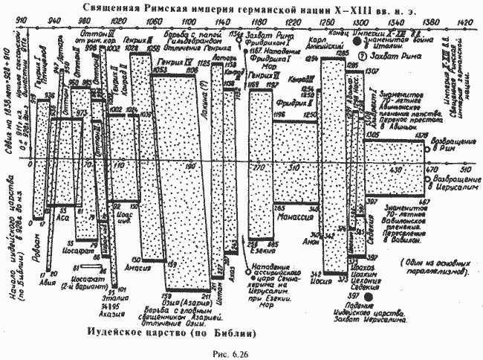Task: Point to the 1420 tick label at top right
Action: coord(466,22)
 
